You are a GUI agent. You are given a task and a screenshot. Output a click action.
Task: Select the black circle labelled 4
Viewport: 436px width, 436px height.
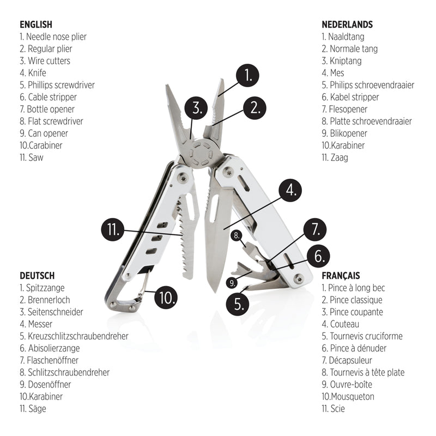tap(290, 190)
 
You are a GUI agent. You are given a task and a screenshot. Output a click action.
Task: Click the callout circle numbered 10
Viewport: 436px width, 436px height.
tap(166, 297)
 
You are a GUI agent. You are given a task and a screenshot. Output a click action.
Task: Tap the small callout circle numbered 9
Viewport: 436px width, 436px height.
tap(233, 282)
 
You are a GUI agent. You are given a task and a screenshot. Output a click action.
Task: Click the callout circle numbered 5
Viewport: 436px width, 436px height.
tap(238, 303)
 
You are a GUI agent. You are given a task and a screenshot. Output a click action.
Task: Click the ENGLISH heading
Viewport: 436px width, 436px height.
tap(36, 25)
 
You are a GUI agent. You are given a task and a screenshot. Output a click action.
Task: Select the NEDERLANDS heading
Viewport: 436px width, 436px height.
tap(347, 25)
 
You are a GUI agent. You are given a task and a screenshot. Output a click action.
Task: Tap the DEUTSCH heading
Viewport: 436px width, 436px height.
tap(37, 276)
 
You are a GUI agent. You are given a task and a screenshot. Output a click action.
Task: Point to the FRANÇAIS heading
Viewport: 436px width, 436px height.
tap(341, 276)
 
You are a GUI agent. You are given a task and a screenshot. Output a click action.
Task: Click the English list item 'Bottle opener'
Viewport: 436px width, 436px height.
tap(44, 109)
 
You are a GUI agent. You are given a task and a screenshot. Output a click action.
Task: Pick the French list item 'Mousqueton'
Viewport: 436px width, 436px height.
tap(352, 397)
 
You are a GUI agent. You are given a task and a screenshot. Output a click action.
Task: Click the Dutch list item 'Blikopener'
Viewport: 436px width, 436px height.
tap(348, 133)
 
